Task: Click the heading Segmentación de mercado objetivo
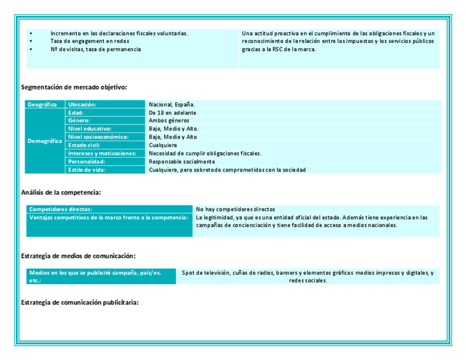click(x=74, y=87)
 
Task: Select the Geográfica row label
click(x=42, y=104)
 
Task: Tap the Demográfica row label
click(x=45, y=141)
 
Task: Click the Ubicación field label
click(x=82, y=104)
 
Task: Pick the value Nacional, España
click(x=171, y=104)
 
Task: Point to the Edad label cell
click(x=76, y=113)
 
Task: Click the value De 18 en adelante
click(x=173, y=113)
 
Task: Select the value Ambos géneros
click(x=169, y=120)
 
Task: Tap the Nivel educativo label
click(x=90, y=129)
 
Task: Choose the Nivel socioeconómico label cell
click(x=98, y=137)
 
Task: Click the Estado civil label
click(x=84, y=145)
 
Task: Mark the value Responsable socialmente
click(x=182, y=162)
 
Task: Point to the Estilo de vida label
click(x=87, y=170)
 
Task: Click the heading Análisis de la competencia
click(x=61, y=192)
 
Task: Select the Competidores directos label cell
click(x=61, y=209)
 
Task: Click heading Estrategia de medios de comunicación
click(x=78, y=256)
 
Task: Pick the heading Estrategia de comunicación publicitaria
click(x=80, y=303)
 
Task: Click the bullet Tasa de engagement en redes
click(x=90, y=41)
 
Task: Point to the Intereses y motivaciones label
click(x=102, y=153)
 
